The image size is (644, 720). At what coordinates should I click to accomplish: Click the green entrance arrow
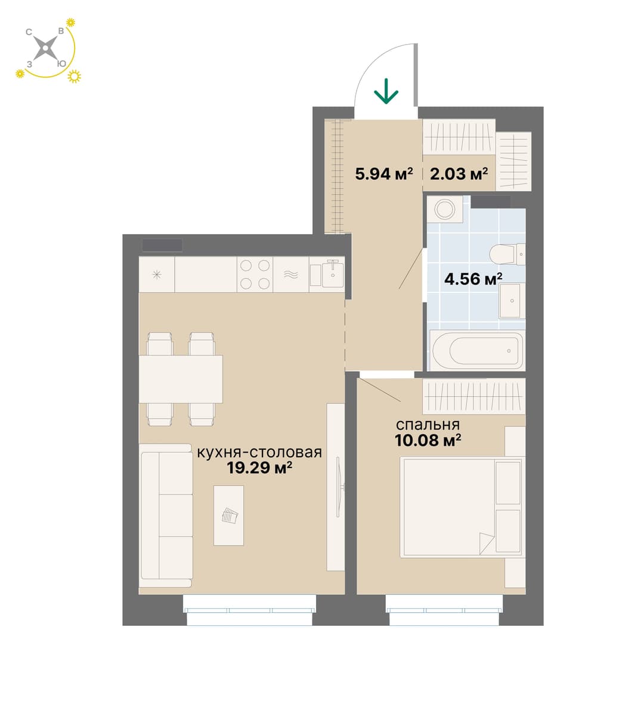tap(386, 91)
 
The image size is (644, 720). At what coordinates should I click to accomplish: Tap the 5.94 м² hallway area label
tap(384, 174)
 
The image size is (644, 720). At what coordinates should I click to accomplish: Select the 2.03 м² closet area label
tap(459, 174)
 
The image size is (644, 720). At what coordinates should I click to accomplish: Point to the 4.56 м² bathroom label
tap(473, 279)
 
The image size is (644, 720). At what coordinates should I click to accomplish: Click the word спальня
tap(428, 425)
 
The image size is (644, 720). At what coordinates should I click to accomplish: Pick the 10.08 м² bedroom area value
tap(428, 440)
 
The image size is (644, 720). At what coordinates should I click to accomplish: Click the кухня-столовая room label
tap(259, 453)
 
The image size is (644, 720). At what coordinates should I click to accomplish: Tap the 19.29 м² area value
tap(259, 467)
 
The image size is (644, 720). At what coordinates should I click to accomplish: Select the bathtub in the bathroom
tap(478, 350)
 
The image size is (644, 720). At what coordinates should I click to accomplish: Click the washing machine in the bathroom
tap(445, 209)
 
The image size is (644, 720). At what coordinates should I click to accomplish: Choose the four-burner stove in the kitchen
tap(255, 275)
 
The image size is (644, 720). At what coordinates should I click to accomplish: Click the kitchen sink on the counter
tap(327, 274)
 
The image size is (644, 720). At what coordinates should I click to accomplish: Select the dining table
tap(181, 379)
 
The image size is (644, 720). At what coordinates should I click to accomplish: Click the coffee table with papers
tap(228, 515)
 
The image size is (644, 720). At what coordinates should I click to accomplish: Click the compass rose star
tap(45, 48)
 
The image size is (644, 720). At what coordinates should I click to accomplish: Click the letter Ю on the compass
tap(61, 64)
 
